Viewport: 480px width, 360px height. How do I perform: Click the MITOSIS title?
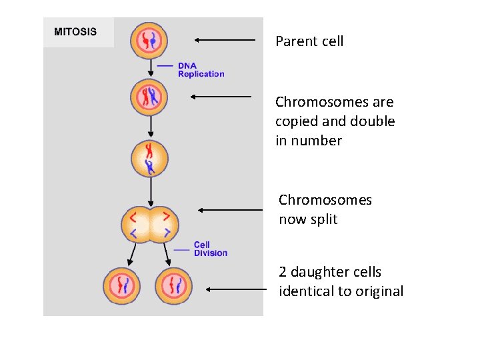(x=75, y=31)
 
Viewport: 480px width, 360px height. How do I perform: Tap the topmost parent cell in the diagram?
(x=150, y=40)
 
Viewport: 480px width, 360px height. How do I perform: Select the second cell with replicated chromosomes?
(x=150, y=97)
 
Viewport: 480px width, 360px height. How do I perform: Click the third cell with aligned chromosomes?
(x=150, y=159)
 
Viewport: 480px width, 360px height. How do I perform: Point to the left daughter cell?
(x=121, y=286)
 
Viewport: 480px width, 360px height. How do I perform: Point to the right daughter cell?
(x=173, y=286)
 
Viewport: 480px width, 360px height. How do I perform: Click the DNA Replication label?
(x=201, y=70)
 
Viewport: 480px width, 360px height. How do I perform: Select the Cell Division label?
(x=210, y=249)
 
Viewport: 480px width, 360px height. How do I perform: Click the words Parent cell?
(x=309, y=41)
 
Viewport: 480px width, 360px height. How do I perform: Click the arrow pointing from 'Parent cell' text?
(x=225, y=40)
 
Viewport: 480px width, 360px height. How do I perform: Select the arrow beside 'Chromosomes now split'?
(x=231, y=210)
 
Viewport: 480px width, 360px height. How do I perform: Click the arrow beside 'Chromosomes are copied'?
(x=221, y=97)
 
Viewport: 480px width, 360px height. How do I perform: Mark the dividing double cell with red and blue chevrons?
(x=150, y=223)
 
